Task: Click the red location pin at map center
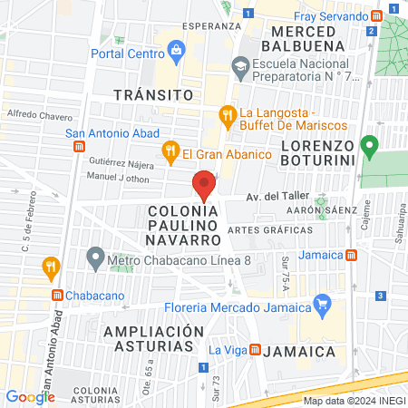(204, 185)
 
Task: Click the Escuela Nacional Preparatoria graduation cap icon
(239, 65)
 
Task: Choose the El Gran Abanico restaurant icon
(169, 151)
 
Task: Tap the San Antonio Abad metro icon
(81, 145)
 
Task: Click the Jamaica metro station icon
(350, 256)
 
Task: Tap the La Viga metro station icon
(256, 349)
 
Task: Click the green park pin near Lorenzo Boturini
(368, 145)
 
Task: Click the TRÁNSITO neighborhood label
(154, 94)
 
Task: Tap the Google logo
(30, 396)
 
